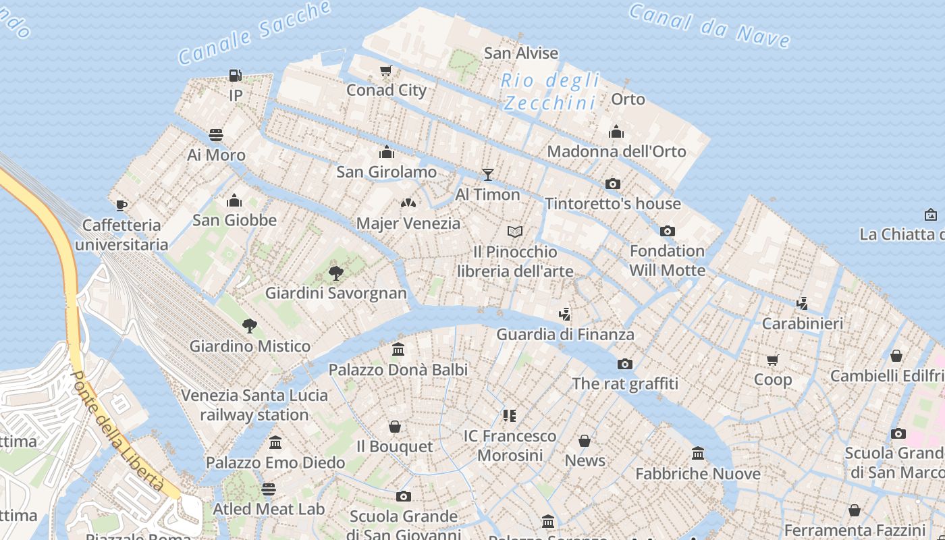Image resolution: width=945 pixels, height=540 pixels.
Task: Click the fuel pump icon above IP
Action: pos(235,76)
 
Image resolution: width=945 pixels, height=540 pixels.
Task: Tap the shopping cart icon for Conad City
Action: pos(386,70)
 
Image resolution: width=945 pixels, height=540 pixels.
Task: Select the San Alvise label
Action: pos(521,53)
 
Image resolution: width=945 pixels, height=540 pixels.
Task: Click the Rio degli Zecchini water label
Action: pos(550,92)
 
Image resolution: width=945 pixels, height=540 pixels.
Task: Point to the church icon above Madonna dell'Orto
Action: pos(616,132)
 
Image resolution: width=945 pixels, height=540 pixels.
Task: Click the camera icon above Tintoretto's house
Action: pos(612,184)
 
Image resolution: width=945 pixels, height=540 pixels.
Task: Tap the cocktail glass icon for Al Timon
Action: pos(487,175)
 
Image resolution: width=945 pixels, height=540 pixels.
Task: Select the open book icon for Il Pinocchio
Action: pos(515,232)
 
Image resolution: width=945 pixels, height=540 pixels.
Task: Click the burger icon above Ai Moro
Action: pos(216,135)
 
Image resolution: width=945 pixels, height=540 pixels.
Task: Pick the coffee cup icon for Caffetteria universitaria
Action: pos(122,205)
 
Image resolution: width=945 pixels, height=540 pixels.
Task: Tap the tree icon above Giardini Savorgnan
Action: pos(335,273)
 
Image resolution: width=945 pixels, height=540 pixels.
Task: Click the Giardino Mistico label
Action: pos(250,346)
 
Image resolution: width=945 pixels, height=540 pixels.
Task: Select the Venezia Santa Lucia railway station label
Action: pos(254,405)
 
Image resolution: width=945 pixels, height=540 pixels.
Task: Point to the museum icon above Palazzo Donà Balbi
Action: pos(398,350)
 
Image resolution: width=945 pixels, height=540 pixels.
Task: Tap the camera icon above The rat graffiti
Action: pos(624,364)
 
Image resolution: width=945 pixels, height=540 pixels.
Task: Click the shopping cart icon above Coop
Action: pos(773,360)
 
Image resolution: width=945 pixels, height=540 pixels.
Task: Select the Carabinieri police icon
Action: pos(802,304)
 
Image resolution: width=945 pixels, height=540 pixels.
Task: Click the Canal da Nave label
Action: pos(709,26)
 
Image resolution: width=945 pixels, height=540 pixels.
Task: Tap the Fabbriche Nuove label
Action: pos(698,474)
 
